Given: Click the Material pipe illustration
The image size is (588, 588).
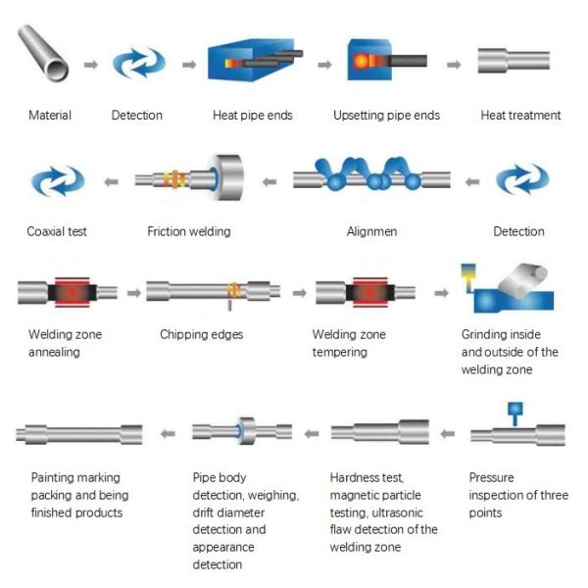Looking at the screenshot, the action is pos(42,53).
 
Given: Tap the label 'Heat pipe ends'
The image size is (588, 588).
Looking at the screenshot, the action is pos(253,115).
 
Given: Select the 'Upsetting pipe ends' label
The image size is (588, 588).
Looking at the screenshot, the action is pos(386,115).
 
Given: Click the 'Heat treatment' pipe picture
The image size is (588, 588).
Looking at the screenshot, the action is pos(514,60).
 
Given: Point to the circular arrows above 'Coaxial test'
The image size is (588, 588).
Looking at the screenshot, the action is pos(58,180).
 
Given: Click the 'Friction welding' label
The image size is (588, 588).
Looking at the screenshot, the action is pos(188,231).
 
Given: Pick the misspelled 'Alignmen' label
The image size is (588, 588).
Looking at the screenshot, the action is pos(371,231).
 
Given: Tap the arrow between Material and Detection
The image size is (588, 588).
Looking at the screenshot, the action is pos(90,65).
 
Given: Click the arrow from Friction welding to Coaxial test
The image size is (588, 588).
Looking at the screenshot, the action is pos(112,182).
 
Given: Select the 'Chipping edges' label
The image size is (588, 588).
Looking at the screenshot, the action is pos(201,334).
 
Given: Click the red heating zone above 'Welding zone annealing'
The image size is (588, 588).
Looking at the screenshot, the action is pos(73,292).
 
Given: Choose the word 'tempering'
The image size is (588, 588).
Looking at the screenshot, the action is pos(339,352).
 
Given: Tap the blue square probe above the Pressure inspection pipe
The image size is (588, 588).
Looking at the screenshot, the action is pos(514,409).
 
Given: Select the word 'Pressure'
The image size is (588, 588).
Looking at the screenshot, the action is pos(491,477).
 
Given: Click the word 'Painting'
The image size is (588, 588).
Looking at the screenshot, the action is pos(54,477).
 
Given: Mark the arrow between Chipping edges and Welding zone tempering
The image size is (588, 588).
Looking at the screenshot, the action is pos(299,293).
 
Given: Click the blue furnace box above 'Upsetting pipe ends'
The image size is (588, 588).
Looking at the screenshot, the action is pos(369,60).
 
